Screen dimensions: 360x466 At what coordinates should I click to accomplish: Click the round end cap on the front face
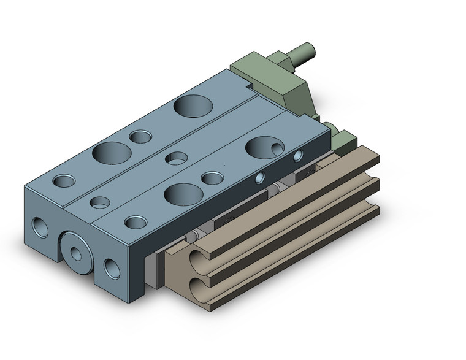pyautogui.click(x=77, y=251)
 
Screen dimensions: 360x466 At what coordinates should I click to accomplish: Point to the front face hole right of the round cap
pyautogui.click(x=112, y=268)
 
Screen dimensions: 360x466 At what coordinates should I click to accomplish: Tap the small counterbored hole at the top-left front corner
pyautogui.click(x=63, y=181)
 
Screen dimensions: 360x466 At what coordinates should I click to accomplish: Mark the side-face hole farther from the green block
pyautogui.click(x=260, y=178)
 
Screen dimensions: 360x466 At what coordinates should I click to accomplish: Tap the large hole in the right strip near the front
pyautogui.click(x=183, y=193)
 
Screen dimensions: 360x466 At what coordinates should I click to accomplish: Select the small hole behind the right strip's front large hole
pyautogui.click(x=212, y=179)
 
